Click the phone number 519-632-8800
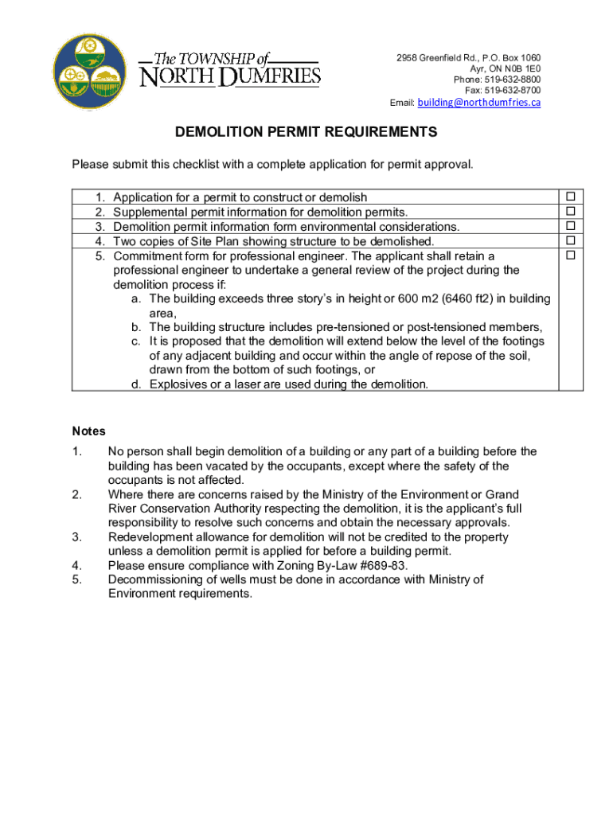tap(511, 80)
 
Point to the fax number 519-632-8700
tap(511, 92)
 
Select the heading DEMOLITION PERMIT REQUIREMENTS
tap(306, 132)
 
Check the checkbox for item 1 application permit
tap(570, 197)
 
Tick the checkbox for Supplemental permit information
tap(570, 212)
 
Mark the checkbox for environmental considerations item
tap(570, 226)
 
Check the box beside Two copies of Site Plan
tap(570, 240)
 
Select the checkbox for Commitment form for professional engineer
tap(570, 255)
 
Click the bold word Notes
tap(88, 431)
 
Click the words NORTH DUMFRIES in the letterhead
tap(231, 77)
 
